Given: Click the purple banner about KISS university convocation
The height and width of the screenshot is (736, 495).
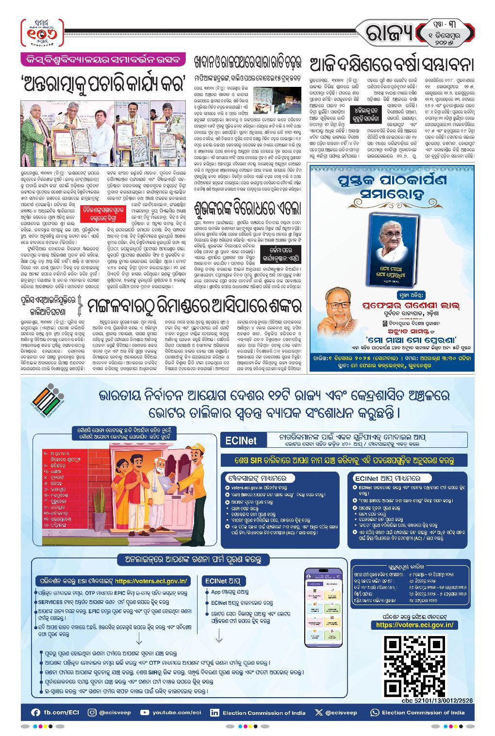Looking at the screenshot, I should [x=103, y=60].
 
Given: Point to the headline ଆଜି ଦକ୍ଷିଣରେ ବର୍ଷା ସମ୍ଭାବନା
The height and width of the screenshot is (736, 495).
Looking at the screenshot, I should [x=391, y=64].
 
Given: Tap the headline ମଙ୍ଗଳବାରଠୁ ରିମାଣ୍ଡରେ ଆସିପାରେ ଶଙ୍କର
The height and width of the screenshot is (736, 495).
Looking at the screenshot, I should [x=194, y=306].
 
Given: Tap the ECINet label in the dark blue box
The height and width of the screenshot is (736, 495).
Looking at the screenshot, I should [x=241, y=441].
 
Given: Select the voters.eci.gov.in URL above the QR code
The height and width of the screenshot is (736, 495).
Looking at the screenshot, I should [x=414, y=625].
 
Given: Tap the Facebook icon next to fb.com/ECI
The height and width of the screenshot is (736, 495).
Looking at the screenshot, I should [x=35, y=712].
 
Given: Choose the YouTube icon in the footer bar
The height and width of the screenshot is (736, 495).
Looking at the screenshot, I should [x=145, y=712].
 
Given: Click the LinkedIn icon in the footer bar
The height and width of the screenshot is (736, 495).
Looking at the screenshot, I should [x=214, y=713].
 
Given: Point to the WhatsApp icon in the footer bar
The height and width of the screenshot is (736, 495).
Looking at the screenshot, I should [x=375, y=713].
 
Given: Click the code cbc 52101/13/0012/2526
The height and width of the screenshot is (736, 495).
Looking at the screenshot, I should [x=437, y=700].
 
